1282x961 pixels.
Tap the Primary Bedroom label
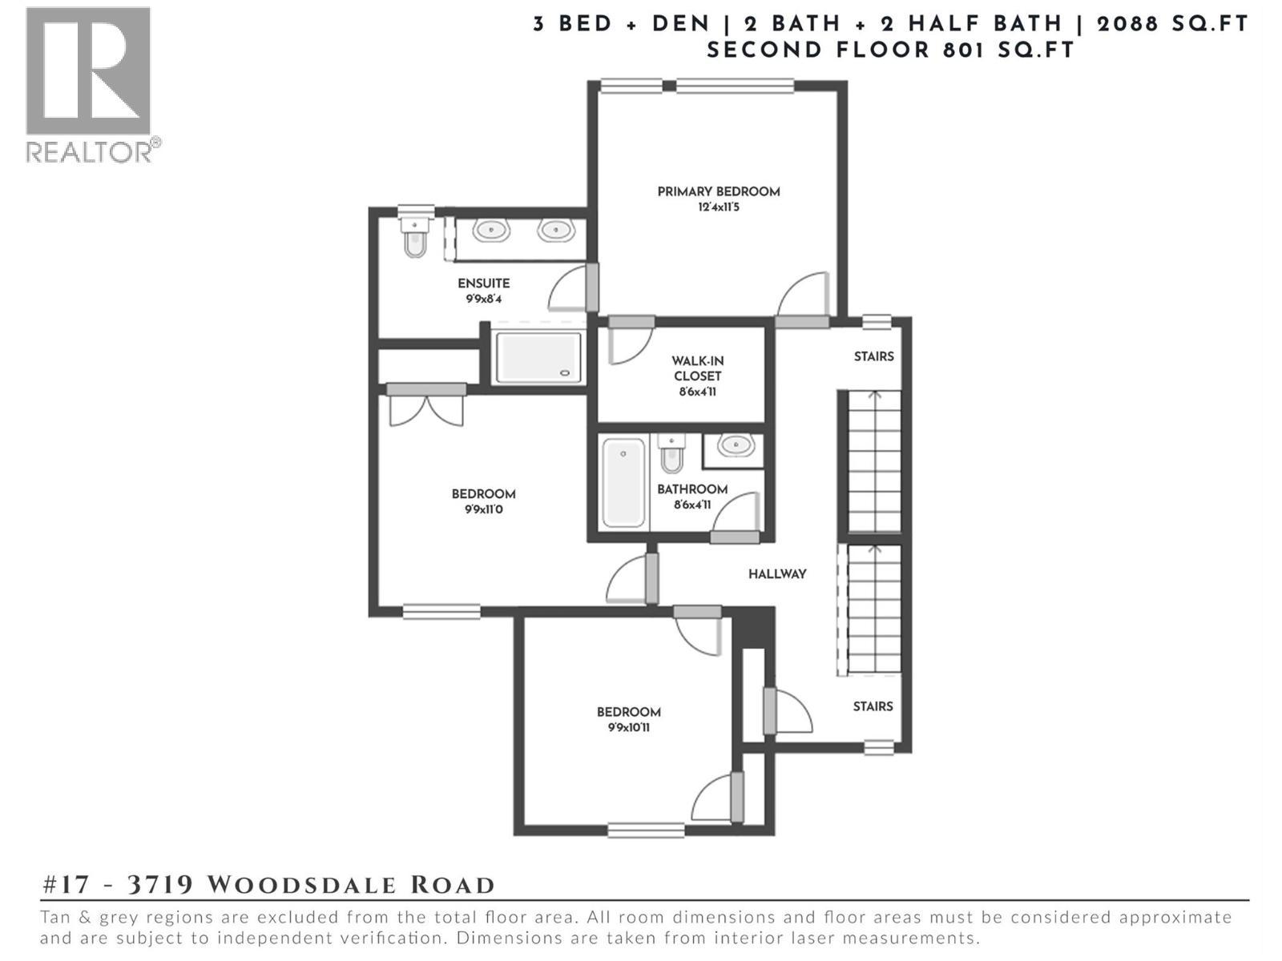coord(718,191)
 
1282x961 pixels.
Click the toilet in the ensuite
coord(414,237)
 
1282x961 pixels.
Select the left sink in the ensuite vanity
coord(490,231)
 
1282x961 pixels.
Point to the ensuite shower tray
coord(538,357)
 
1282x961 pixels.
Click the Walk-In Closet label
coord(697,368)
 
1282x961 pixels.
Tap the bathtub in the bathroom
coord(624,482)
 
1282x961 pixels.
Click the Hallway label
coord(777,573)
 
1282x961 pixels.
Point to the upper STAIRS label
coord(873,356)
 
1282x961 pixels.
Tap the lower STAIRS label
coord(873,706)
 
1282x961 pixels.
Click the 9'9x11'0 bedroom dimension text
coord(483,509)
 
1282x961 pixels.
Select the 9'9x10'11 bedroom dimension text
coord(628,728)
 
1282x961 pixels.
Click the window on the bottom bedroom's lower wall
coord(646,830)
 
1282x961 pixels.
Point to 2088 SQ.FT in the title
coord(1172,24)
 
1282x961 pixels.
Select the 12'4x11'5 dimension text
coord(718,207)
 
